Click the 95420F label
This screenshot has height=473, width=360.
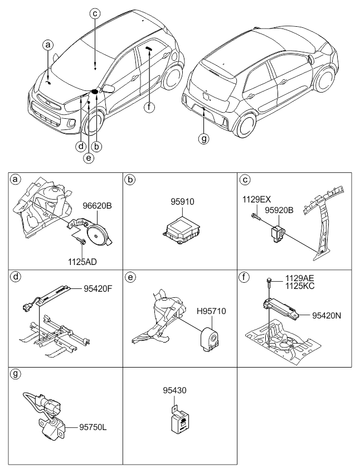pyautogui.click(x=97, y=289)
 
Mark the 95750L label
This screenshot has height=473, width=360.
pyautogui.click(x=90, y=427)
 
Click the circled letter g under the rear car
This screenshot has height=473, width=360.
pyautogui.click(x=205, y=138)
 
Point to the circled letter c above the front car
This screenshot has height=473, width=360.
pyautogui.click(x=95, y=15)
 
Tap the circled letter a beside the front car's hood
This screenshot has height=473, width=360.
pyautogui.click(x=49, y=44)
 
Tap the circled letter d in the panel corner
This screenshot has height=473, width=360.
pyautogui.click(x=16, y=276)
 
